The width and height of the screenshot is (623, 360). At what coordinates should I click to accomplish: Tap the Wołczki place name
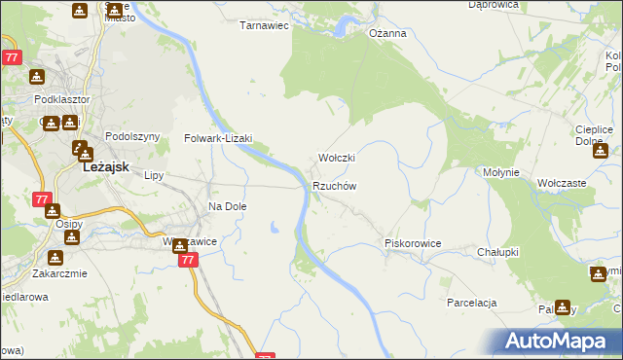(x=337, y=158)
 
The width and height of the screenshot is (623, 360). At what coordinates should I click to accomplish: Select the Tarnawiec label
(x=265, y=26)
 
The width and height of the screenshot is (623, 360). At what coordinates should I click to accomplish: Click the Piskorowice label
(x=414, y=243)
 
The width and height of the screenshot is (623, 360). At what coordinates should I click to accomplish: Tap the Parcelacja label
(x=472, y=303)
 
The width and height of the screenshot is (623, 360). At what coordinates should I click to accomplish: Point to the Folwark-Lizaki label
(x=218, y=138)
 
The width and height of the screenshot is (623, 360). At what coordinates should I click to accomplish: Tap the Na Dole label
(x=228, y=206)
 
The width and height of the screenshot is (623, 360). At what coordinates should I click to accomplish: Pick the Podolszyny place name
(x=131, y=137)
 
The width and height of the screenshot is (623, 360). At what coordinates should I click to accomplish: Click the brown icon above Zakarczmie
(x=55, y=258)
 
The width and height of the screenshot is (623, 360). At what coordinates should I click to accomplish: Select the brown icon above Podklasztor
(x=36, y=78)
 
